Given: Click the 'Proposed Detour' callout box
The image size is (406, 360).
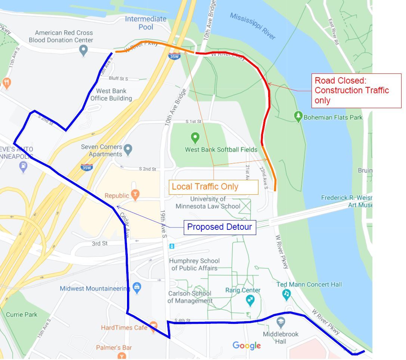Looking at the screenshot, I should coord(220,227).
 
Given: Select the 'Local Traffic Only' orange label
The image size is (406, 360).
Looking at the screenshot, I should coord(213,187).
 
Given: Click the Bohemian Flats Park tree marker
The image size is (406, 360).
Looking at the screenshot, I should coord(298,116).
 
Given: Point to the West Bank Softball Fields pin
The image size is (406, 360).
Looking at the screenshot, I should coord(195,138).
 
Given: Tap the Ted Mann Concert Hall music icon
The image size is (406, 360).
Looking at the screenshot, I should coord(286,294).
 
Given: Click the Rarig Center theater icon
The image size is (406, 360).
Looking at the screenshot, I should coord(250,299).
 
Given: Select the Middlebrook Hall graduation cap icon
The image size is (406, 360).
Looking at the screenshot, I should coord(281,322).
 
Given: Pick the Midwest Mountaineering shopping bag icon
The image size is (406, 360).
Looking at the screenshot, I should coord(137,288).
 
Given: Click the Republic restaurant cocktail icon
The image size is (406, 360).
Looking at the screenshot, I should coord(135,194).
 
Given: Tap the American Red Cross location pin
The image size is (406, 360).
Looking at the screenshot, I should coord(83,50).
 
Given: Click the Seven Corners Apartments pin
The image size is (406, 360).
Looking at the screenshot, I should coord(128,150).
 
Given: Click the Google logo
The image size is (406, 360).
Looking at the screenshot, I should coord(247,345).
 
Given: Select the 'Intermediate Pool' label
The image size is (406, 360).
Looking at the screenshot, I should coord(146,23).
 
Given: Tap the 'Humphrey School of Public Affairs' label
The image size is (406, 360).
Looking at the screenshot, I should coord(194,264).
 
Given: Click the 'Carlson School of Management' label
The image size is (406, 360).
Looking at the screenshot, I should coord(190,297).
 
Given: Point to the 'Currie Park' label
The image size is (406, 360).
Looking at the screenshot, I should coord(22,314).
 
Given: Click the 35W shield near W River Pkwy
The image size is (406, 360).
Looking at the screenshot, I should coord(174,56).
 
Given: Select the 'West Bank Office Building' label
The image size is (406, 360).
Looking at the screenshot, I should coord(111,95).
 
